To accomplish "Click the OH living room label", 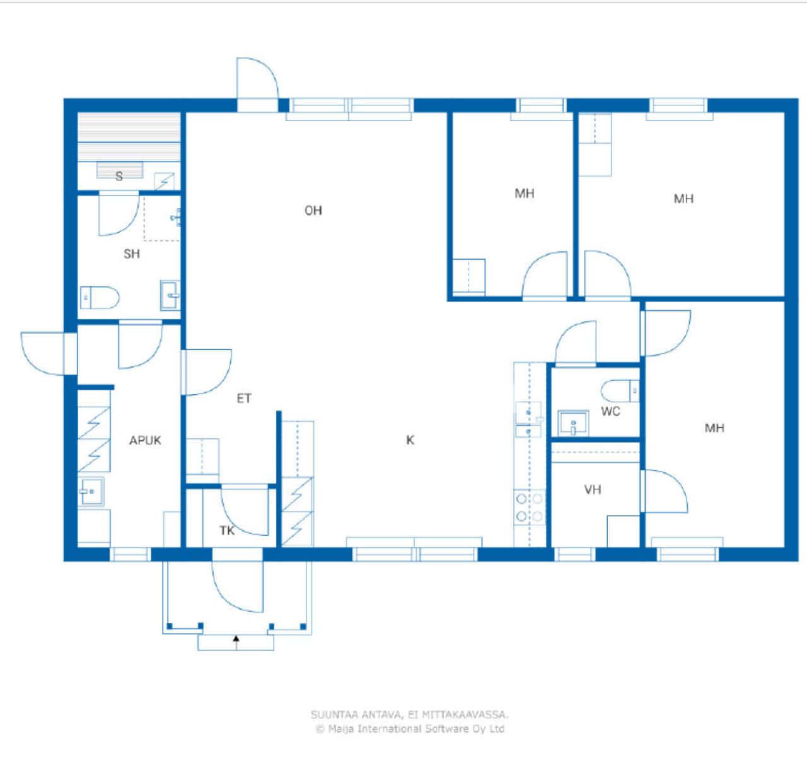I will [x=313, y=211].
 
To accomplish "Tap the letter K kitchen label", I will [x=410, y=440].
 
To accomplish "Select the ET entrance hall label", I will [x=244, y=399].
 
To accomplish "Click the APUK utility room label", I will [x=145, y=440].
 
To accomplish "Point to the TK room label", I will [x=227, y=530].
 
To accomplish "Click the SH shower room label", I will [x=132, y=254].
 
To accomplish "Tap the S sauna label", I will [x=119, y=176].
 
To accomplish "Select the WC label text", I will [x=610, y=412].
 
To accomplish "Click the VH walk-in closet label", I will [x=593, y=489].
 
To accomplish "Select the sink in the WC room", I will [x=573, y=424].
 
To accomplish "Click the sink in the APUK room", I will [x=91, y=491].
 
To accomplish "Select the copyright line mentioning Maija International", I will [x=410, y=729].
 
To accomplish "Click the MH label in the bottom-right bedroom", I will [x=714, y=428].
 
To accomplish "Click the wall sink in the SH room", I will [x=170, y=295].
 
